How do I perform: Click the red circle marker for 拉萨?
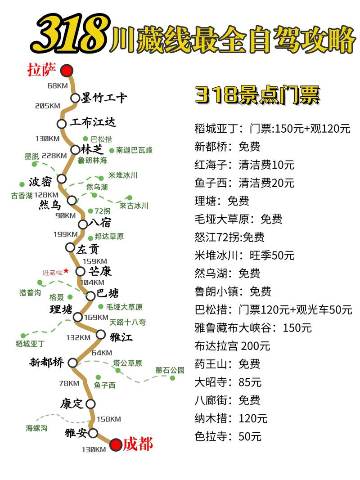click(x=67, y=70)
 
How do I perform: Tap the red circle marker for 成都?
click(x=116, y=445)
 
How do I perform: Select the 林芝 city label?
click(x=92, y=149)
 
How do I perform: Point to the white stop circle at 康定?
click(x=91, y=404)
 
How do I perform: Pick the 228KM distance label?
click(x=54, y=156)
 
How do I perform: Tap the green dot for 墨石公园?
click(x=172, y=378)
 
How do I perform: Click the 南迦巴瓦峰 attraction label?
click(x=134, y=150)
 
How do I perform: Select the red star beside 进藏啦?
click(x=66, y=270)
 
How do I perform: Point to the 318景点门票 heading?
click(x=257, y=95)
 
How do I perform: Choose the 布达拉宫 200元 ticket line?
click(x=232, y=346)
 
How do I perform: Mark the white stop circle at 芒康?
click(x=80, y=271)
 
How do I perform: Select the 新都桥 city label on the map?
click(x=46, y=362)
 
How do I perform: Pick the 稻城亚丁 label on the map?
click(x=30, y=344)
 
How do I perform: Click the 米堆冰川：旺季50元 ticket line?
click(x=244, y=256)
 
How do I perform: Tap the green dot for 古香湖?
click(x=22, y=184)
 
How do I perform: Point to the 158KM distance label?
click(x=108, y=419)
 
